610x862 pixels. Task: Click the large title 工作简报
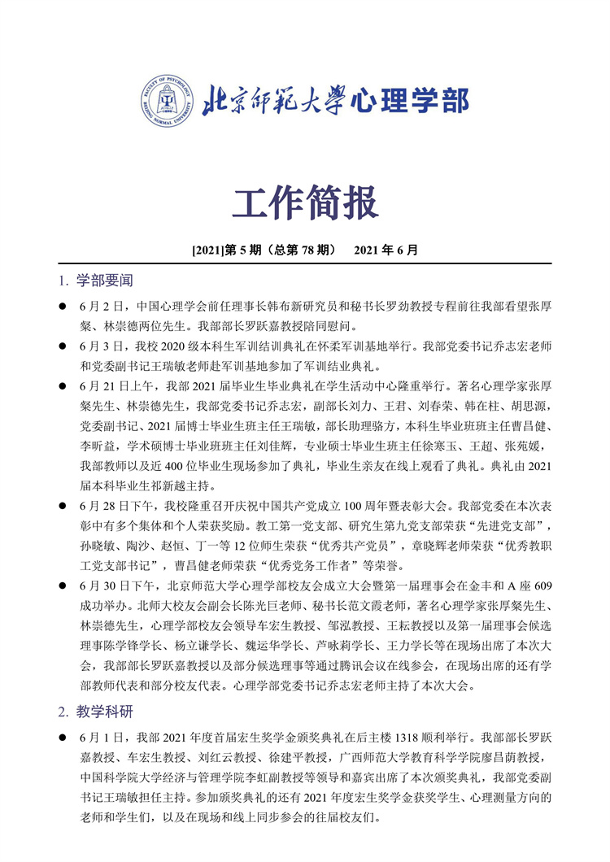[x=305, y=202]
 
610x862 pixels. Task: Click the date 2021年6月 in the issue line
[x=386, y=251]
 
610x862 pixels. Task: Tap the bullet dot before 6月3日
[x=62, y=346]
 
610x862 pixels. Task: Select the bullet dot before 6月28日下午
[x=62, y=506]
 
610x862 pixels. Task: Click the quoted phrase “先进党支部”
[x=510, y=525]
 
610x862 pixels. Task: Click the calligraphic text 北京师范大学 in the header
[x=273, y=101]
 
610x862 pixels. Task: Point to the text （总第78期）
[x=304, y=251]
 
